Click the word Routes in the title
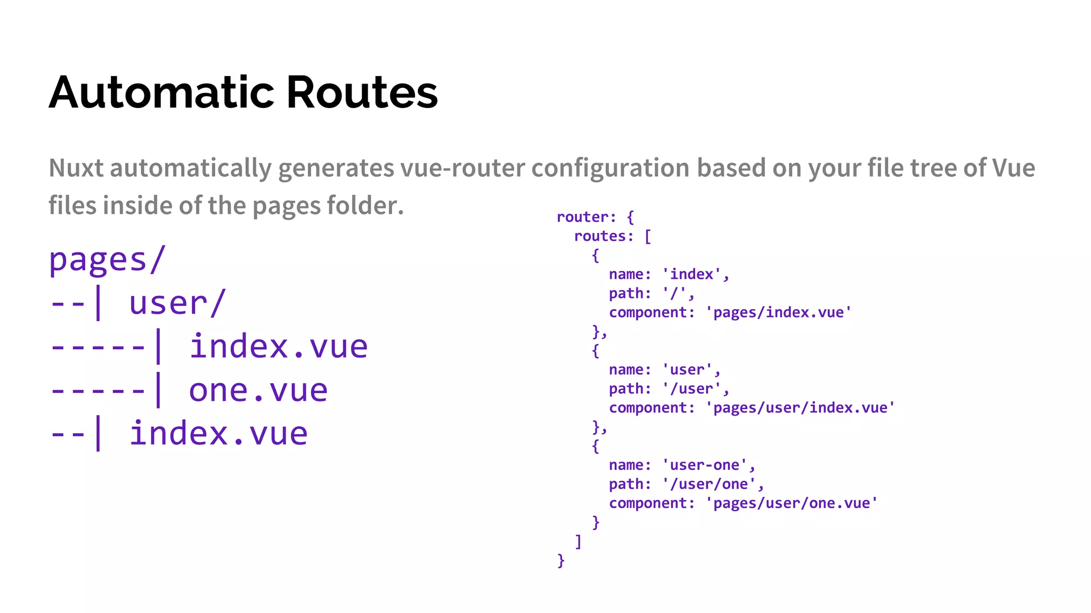click(x=362, y=93)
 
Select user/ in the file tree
click(x=178, y=303)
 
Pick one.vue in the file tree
click(x=258, y=390)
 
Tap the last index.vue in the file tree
click(x=218, y=434)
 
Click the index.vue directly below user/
click(x=278, y=347)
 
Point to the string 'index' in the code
click(x=691, y=275)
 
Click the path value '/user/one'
click(x=709, y=484)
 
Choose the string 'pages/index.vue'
click(x=778, y=312)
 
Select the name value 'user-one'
click(x=704, y=465)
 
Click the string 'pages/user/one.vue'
click(x=792, y=503)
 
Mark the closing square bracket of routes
click(x=578, y=542)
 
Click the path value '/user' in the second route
click(x=691, y=389)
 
